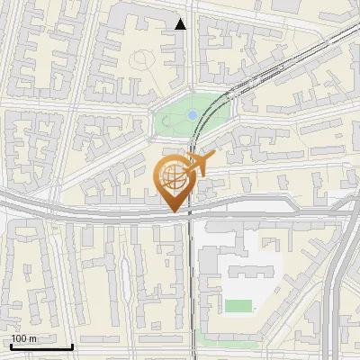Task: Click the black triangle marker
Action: (181, 24)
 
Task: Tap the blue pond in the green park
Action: (192, 115)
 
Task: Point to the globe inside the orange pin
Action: (171, 177)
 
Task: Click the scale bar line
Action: (41, 346)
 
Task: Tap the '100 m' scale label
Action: (24, 338)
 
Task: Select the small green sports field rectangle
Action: (238, 306)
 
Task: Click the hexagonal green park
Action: (192, 115)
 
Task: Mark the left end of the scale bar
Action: (12, 346)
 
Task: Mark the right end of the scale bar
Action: (72, 346)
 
